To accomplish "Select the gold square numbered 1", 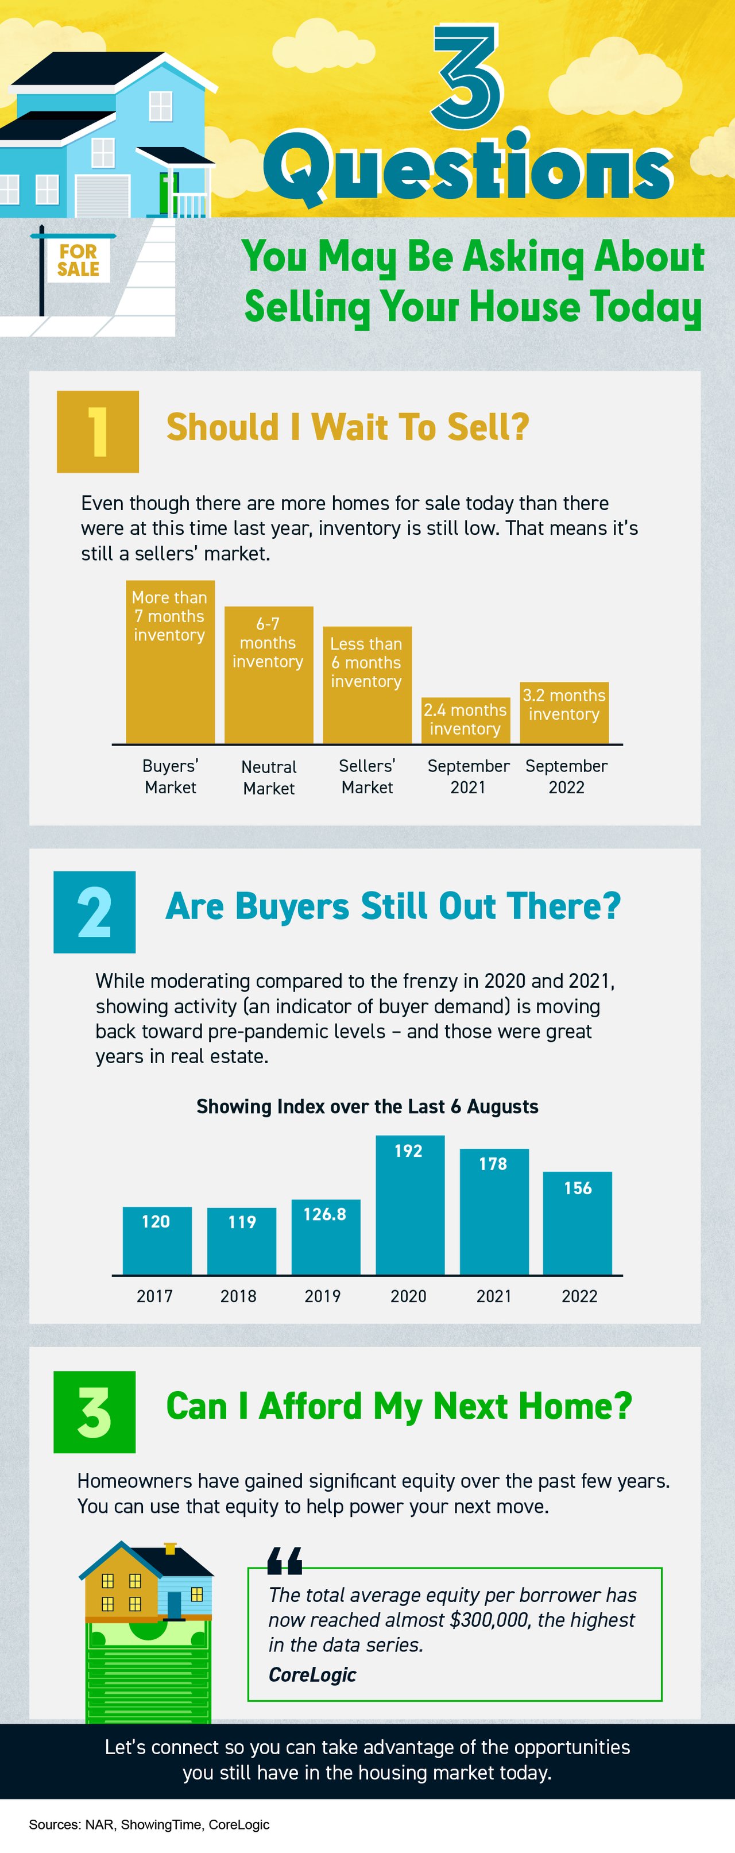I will (98, 431).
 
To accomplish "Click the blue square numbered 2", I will (94, 912).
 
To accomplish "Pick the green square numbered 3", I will (94, 1411).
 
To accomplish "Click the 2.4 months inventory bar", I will (465, 720).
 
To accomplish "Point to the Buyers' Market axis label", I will (171, 776).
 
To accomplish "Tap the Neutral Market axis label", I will (268, 777).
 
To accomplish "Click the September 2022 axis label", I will (567, 776).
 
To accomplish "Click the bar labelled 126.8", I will (325, 1237).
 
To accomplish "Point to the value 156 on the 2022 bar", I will (578, 1188).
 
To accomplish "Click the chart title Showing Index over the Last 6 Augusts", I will (367, 1106).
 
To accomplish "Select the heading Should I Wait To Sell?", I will (347, 427).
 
